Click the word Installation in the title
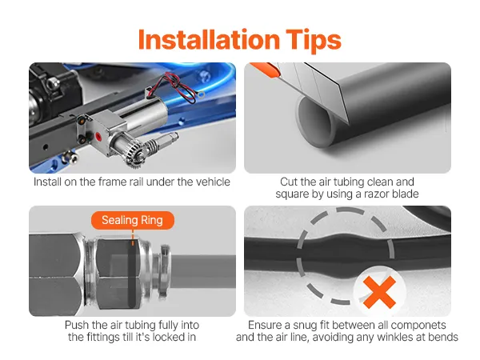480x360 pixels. pyautogui.click(x=209, y=39)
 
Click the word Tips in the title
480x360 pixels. pyautogui.click(x=314, y=41)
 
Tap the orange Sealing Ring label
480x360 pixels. pyautogui.click(x=133, y=220)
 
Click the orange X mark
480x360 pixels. pyautogui.click(x=379, y=292)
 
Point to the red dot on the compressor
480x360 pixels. pyautogui.click(x=98, y=136)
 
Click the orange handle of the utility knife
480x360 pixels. pyautogui.click(x=265, y=70)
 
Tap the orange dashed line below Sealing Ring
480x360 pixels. pyautogui.click(x=133, y=238)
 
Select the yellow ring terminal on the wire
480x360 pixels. pyautogui.click(x=201, y=95)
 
